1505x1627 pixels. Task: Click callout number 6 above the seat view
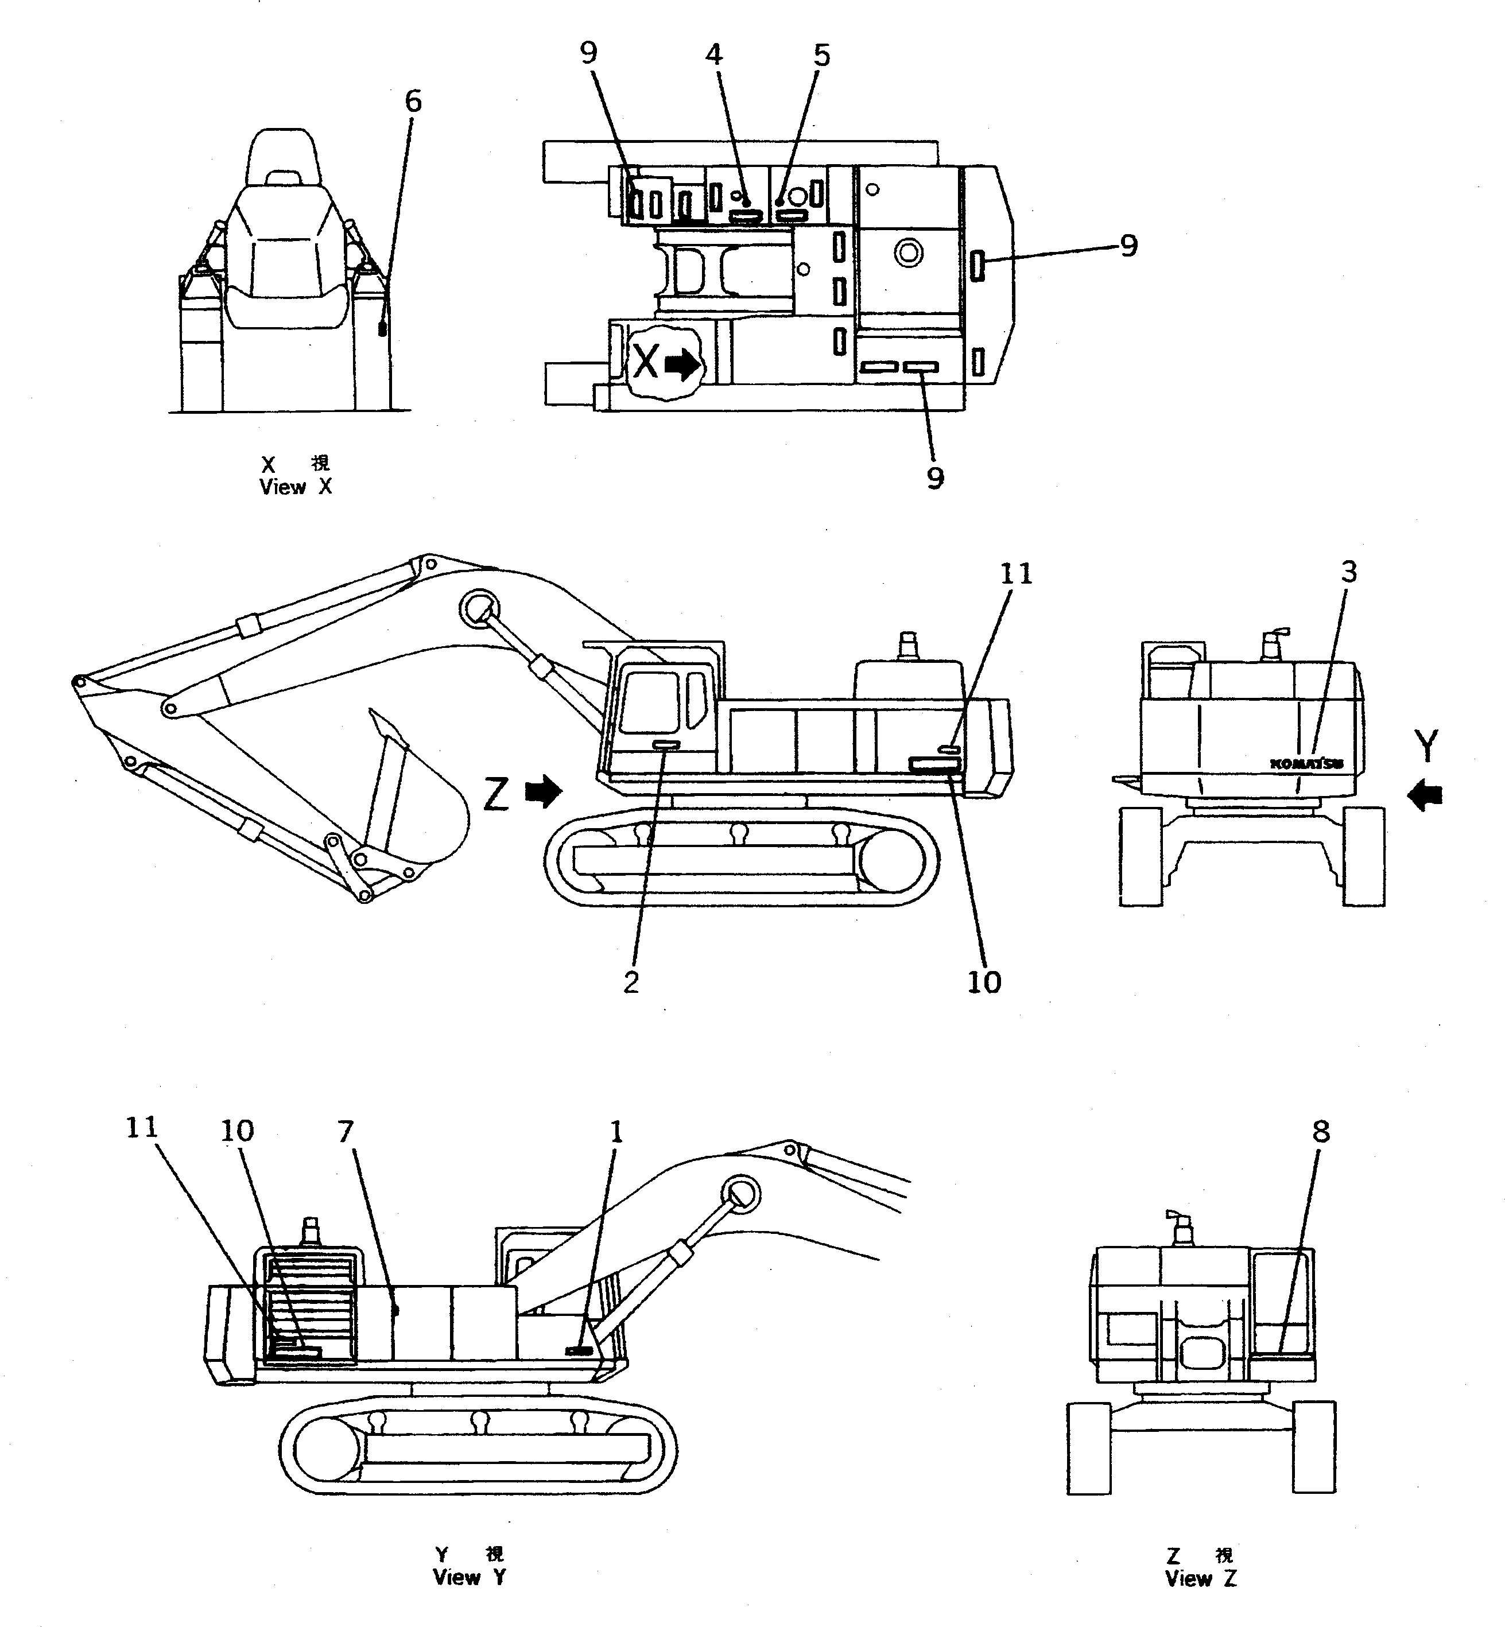pos(413,102)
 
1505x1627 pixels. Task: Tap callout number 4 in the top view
pos(713,55)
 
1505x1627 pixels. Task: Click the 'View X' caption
pos(296,487)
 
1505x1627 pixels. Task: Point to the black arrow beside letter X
pos(682,365)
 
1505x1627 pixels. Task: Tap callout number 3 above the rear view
pos(1349,573)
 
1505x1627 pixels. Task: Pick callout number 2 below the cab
pos(631,983)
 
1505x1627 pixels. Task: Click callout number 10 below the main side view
pos(984,983)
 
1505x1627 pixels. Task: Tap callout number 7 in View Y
pos(346,1132)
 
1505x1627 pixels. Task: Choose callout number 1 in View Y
pos(616,1132)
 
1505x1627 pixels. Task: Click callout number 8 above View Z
pos(1321,1131)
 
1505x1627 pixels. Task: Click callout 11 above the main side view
pos(1015,574)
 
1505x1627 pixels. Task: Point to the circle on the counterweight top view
pos(908,253)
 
